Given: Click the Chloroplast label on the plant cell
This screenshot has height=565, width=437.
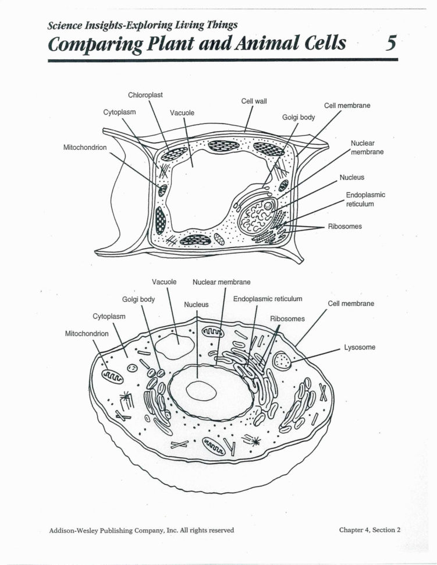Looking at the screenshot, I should click(145, 95).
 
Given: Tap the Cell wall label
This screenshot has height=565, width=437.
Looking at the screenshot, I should click(254, 101).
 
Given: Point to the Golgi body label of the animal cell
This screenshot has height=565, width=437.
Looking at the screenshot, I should click(138, 299).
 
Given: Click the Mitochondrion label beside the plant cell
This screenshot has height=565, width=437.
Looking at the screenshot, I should click(85, 148).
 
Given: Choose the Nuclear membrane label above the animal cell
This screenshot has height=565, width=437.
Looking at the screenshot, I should click(222, 282).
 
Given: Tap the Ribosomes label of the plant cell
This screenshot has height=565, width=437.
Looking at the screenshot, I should click(345, 226).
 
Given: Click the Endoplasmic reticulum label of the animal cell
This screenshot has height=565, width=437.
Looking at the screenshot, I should click(268, 299).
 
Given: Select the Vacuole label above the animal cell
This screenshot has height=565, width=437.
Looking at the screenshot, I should click(164, 282).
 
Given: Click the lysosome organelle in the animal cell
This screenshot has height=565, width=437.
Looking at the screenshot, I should click(282, 361).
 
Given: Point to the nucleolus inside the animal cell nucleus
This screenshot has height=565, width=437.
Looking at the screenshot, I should click(201, 391).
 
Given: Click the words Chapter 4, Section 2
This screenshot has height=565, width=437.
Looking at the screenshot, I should click(370, 530).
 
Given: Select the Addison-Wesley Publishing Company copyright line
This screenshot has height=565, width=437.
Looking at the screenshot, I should click(141, 530).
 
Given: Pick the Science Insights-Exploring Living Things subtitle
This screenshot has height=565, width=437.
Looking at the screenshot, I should click(143, 25).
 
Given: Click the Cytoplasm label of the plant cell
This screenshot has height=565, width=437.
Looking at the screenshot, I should click(119, 112).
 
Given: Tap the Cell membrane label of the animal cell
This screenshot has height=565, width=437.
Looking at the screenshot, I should click(351, 303).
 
